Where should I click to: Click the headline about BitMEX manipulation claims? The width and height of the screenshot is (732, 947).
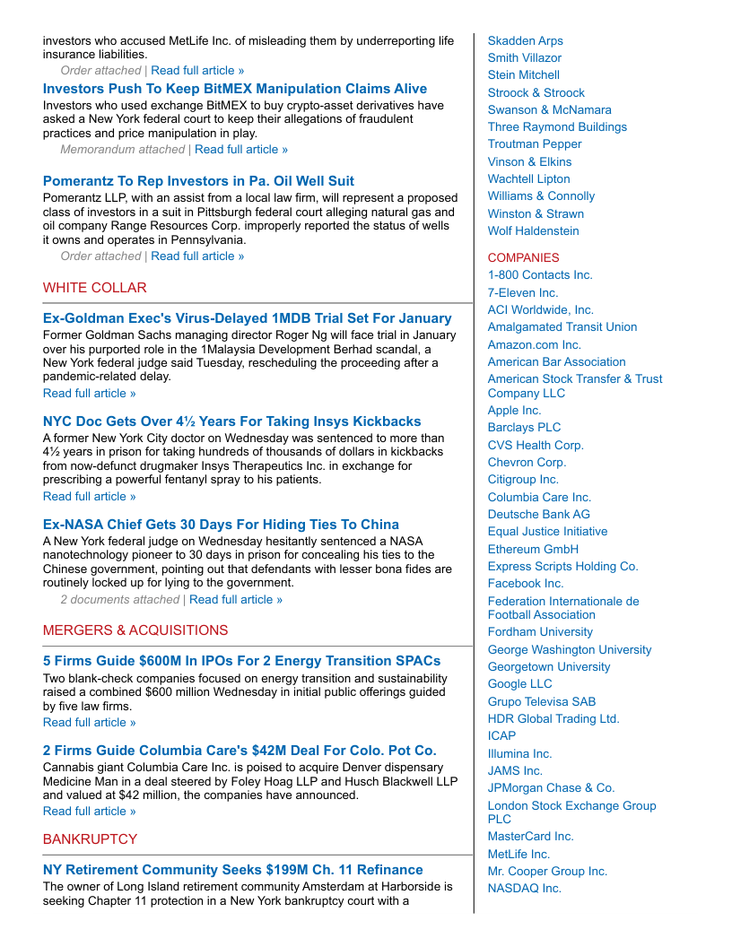click(234, 89)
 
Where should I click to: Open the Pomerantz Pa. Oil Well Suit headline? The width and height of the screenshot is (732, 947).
click(198, 181)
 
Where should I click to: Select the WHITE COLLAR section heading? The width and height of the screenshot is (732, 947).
click(94, 288)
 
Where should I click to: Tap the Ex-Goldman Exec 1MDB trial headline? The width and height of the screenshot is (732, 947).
click(247, 318)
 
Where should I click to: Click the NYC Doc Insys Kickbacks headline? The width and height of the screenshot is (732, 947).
click(231, 421)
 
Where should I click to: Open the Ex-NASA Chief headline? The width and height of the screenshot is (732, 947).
click(221, 525)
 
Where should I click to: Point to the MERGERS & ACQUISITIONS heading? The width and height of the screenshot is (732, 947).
click(135, 630)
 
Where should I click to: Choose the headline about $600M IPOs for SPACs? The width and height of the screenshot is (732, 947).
click(241, 661)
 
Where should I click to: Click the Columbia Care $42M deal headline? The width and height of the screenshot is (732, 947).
click(240, 751)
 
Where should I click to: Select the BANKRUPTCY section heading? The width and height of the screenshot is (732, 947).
click(90, 839)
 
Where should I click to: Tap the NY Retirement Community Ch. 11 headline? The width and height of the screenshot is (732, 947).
click(232, 870)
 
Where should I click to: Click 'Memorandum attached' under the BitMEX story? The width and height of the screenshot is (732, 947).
click(122, 150)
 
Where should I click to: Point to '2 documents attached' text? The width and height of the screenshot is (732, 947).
click(119, 600)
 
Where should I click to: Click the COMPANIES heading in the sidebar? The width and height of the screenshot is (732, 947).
click(523, 258)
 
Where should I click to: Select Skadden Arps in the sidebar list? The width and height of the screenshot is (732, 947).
click(525, 41)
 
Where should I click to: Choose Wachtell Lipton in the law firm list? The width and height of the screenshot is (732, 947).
click(528, 179)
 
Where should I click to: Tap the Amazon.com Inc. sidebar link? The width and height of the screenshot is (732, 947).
click(534, 345)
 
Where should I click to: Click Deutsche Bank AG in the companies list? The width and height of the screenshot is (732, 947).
click(538, 515)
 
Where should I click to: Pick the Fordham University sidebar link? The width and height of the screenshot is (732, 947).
click(540, 632)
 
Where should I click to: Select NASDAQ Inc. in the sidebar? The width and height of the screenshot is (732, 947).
click(524, 889)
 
